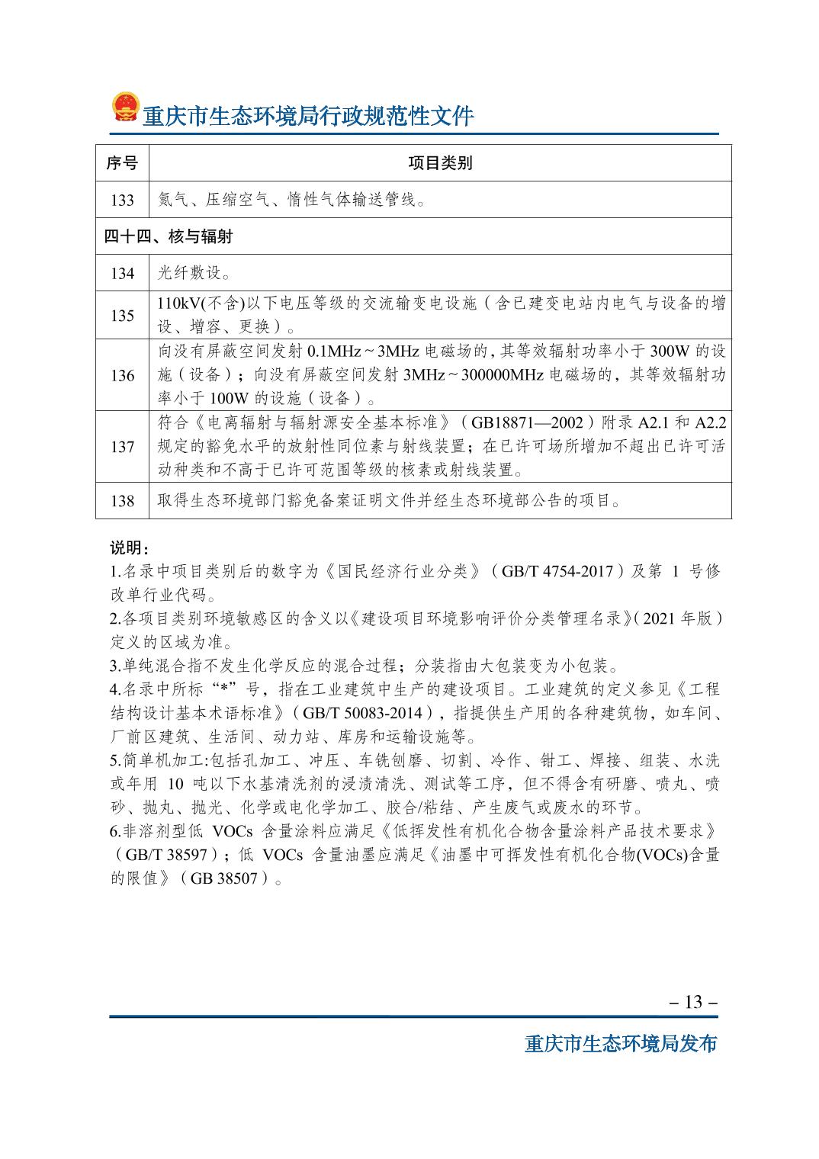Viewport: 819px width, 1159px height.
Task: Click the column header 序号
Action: pos(122,163)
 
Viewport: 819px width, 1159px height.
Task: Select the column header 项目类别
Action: pos(440,163)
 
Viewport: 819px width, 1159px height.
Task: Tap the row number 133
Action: pos(122,201)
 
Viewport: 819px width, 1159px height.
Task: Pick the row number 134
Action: pos(122,274)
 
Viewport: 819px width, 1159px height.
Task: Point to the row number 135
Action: pos(122,316)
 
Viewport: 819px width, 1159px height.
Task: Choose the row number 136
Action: pos(122,375)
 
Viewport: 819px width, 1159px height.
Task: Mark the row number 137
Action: pos(122,447)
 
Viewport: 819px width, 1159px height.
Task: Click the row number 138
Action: pos(122,501)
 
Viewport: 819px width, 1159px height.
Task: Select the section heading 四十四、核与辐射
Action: pos(169,237)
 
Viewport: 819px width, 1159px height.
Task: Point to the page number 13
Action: pos(692,1001)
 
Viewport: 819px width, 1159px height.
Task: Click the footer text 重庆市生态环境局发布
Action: pos(621,1043)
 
